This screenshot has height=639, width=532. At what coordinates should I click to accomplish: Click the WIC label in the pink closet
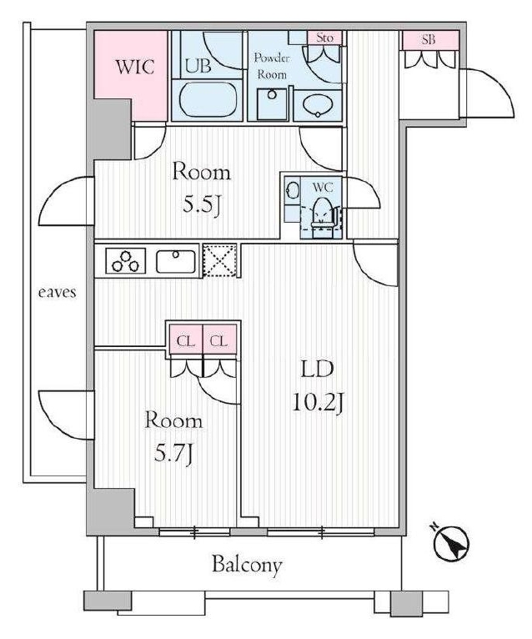pos(135,67)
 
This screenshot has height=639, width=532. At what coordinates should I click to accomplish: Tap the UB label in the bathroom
pos(198,65)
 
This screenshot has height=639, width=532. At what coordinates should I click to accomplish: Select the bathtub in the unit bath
pos(208,100)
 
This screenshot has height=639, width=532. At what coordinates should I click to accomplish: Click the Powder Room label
pos(271,66)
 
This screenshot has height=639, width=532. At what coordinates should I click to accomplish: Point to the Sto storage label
pos(324,38)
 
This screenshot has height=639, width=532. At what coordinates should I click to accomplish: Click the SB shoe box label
pos(429,39)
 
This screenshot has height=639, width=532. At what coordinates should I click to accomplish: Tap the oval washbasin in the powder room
pos(318,106)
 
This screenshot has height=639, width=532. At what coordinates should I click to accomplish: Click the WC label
pos(323,187)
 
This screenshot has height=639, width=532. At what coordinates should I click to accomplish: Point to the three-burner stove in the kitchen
pos(125,261)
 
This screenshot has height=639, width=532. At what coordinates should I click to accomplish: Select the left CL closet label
pos(185,340)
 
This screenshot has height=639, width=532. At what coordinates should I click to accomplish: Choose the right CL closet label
pos(218,340)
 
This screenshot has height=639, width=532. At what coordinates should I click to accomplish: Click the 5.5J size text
pos(201,206)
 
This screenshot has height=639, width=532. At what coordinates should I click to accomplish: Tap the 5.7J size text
pos(173,454)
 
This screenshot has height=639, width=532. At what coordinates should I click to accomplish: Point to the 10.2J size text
pos(318,404)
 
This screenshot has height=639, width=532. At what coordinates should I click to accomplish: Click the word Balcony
pos(247,566)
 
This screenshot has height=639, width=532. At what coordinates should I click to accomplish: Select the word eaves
pos(57,292)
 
